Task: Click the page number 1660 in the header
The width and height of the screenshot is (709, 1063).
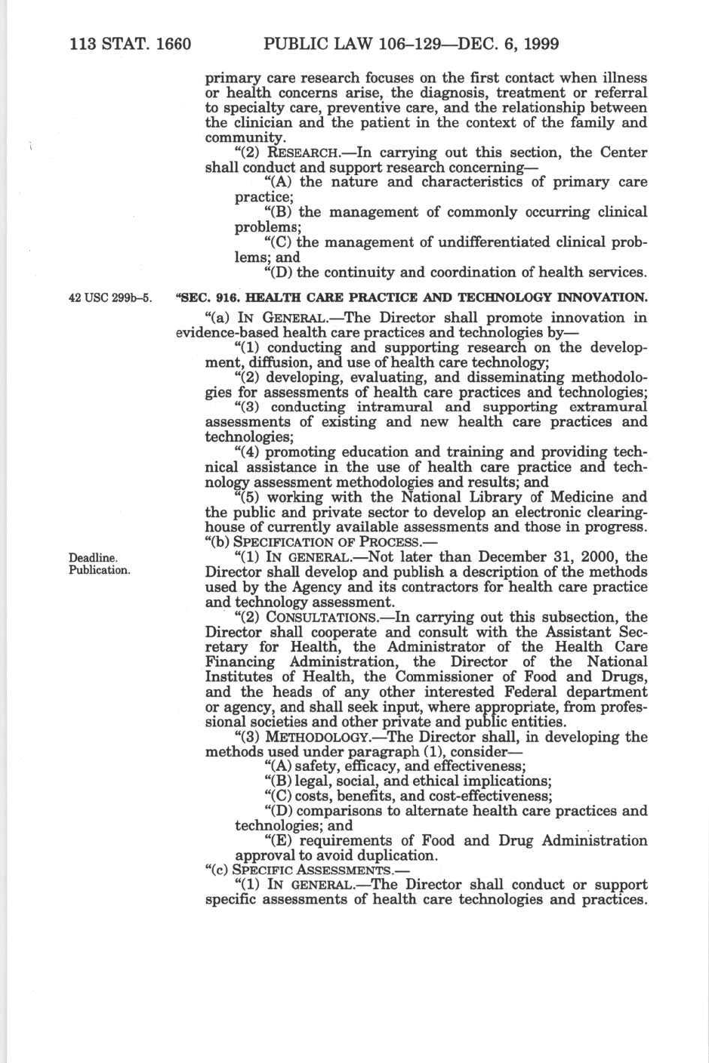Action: point(172,44)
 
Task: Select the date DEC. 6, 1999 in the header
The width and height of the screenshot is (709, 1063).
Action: point(507,44)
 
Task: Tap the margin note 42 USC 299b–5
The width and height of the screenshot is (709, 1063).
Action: point(110,297)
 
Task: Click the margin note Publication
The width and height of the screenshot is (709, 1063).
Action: point(100,570)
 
